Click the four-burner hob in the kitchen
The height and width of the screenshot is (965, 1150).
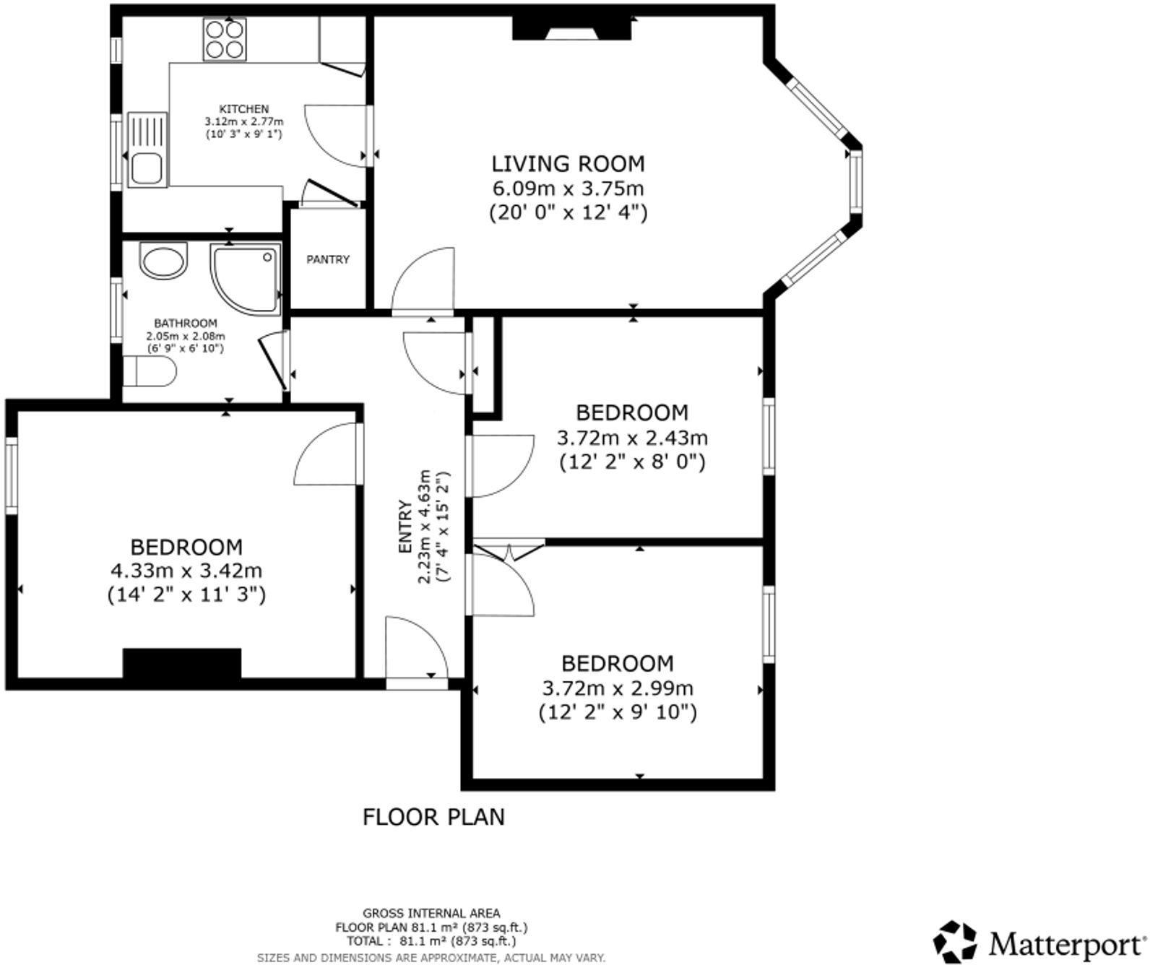tap(224, 39)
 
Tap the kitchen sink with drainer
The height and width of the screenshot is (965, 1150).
tap(147, 150)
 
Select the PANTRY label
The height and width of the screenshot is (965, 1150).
tap(328, 259)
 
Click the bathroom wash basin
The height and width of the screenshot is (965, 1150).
tap(163, 260)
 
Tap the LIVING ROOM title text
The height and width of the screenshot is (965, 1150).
tap(568, 164)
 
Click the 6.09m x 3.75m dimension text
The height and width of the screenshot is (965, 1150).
tap(568, 189)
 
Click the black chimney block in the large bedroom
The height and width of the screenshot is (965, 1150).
tap(181, 663)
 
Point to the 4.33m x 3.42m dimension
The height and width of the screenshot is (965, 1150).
tap(186, 571)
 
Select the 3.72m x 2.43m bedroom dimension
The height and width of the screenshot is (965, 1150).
tap(632, 438)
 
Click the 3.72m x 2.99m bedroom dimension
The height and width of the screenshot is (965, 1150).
tap(618, 688)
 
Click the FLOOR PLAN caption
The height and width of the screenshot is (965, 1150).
tap(433, 817)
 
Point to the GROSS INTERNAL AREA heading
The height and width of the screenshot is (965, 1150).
tap(431, 914)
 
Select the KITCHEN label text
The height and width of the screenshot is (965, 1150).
tap(244, 109)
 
